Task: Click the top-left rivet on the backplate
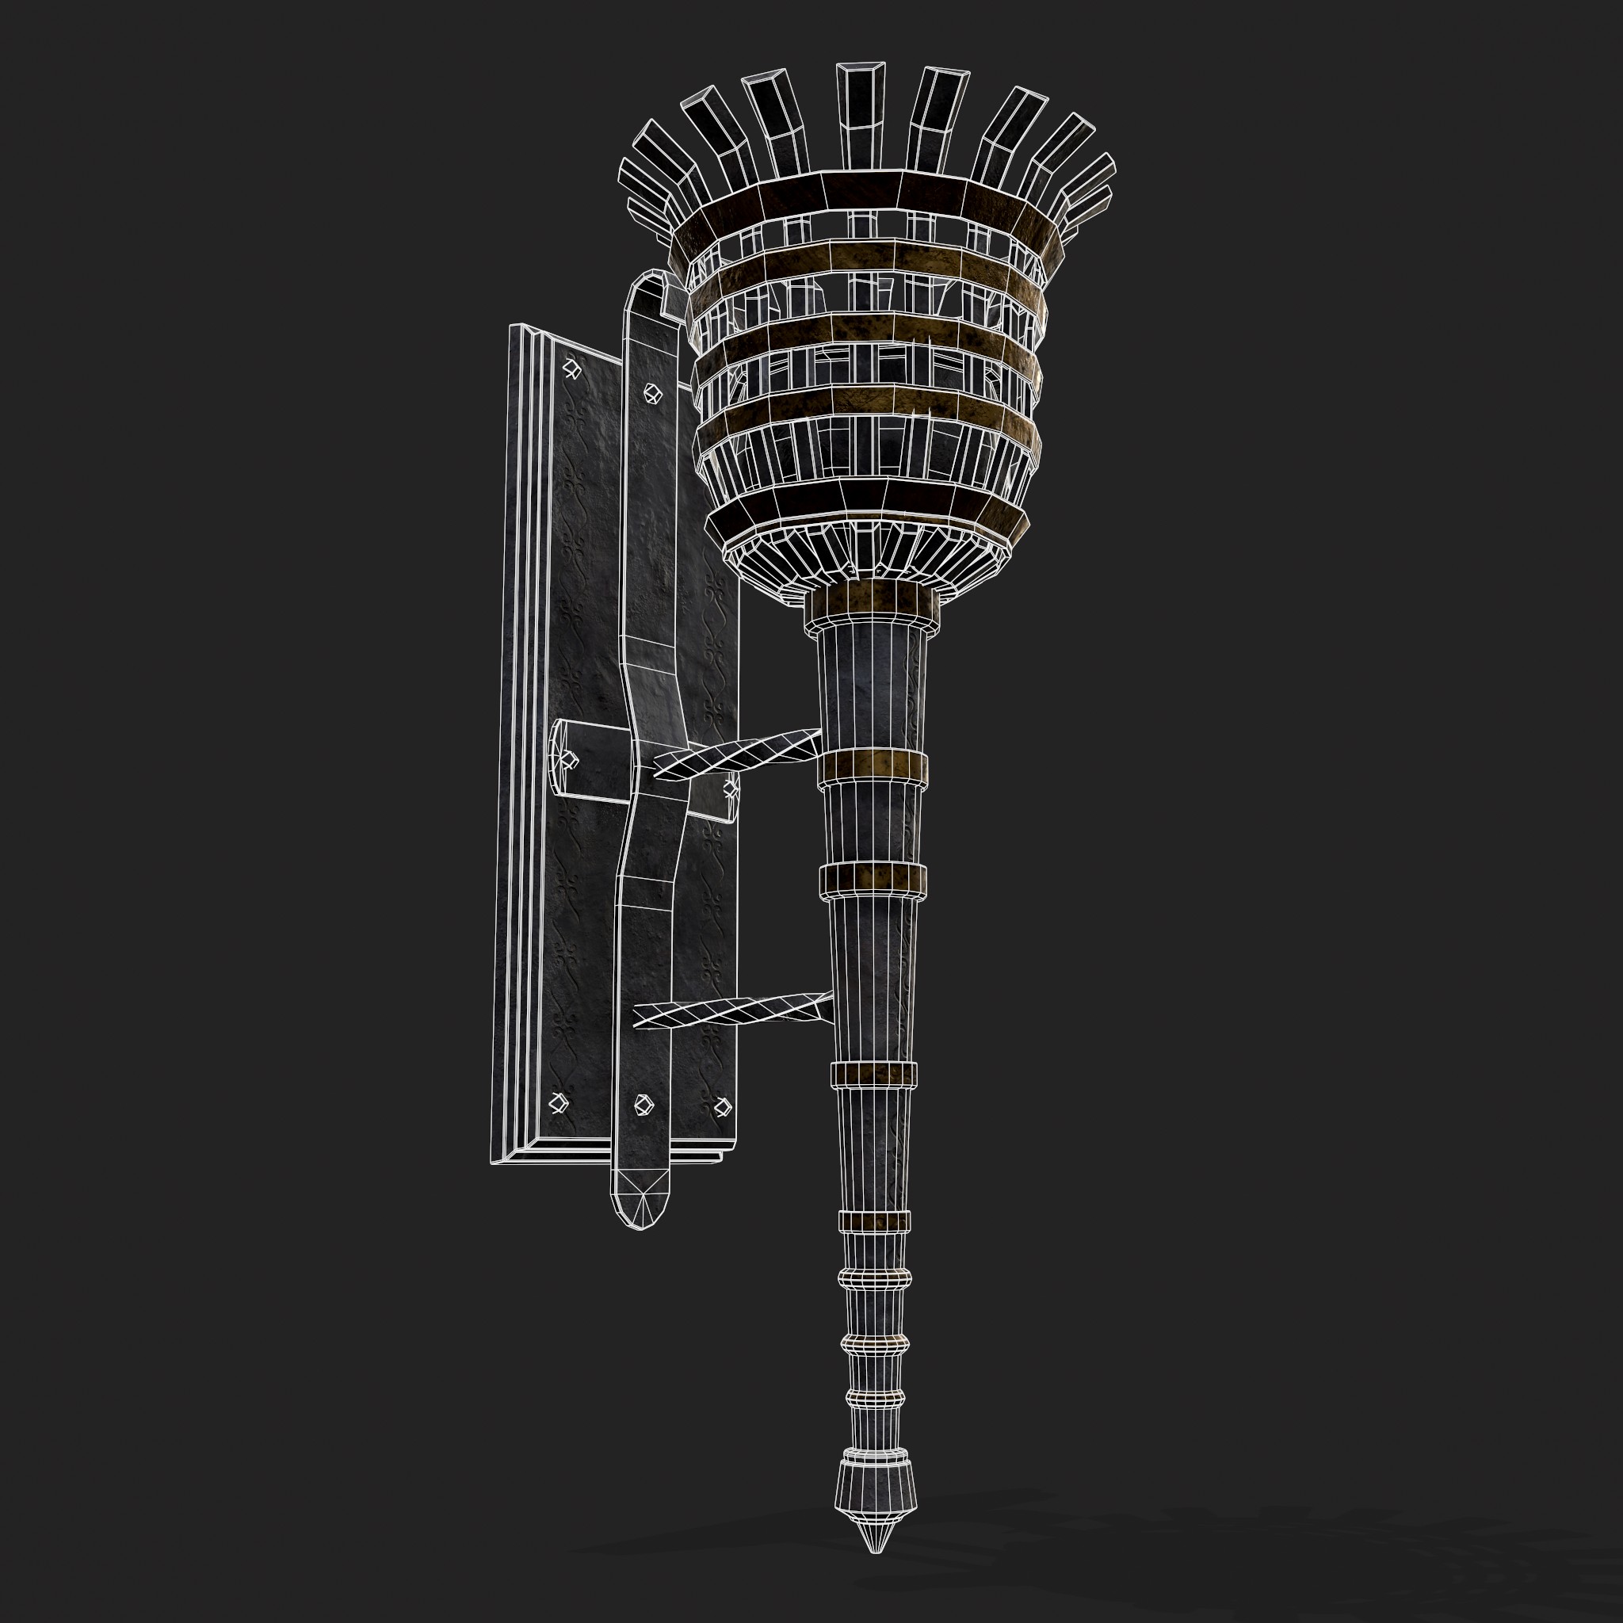coord(571,369)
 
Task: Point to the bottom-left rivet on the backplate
coord(556,1103)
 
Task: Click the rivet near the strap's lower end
coord(643,1105)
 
